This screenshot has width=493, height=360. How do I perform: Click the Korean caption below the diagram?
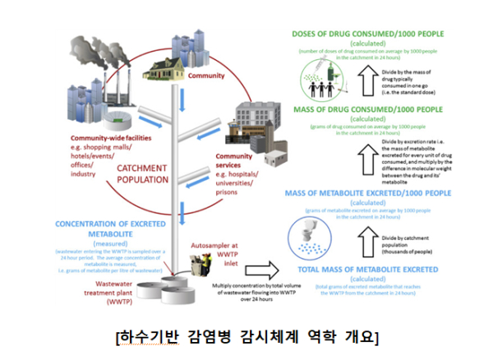[246, 338]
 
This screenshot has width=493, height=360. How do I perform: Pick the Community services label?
[234, 156]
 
